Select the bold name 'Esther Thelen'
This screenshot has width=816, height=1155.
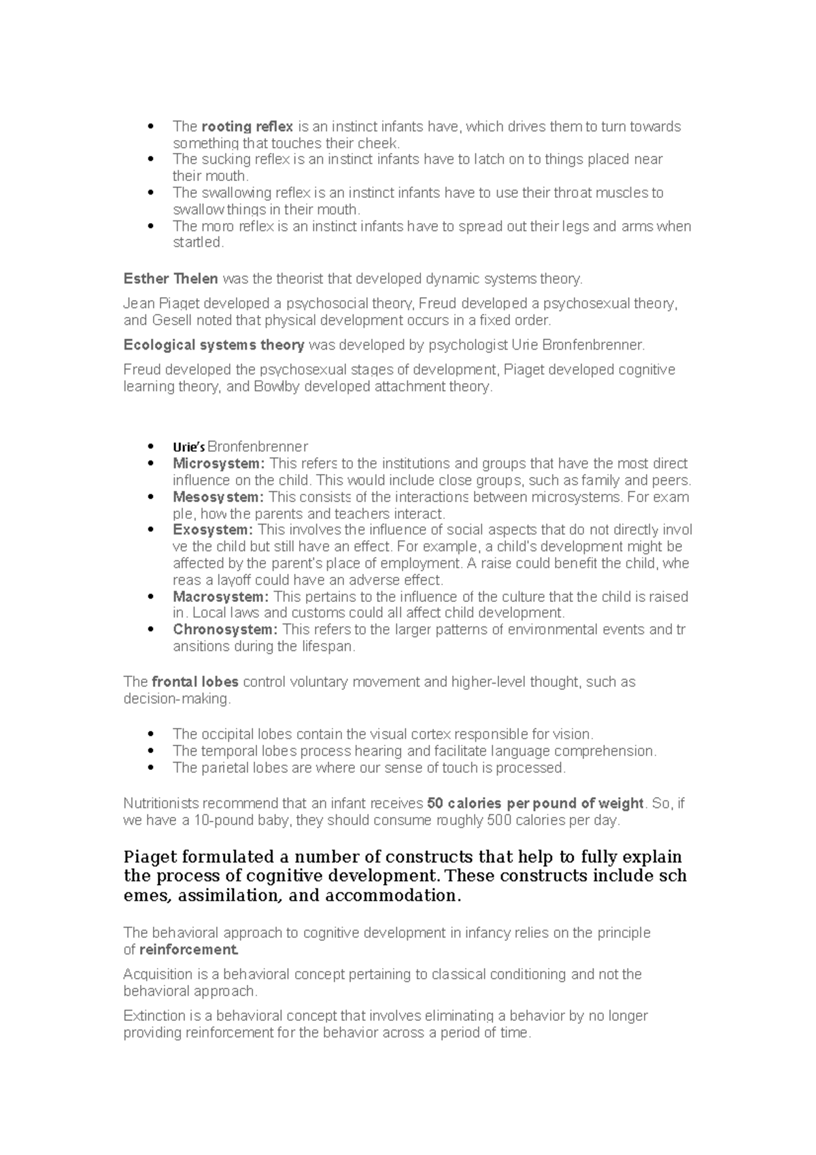pos(171,279)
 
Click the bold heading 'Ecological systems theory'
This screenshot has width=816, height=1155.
pos(214,345)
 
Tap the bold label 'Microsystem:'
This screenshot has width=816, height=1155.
pos(219,464)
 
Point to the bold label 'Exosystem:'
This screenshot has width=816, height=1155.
pos(213,530)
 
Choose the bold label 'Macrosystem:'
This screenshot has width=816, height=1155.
pos(221,597)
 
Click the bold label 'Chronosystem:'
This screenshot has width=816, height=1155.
pos(225,630)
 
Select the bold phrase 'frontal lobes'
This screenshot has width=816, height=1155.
pos(195,682)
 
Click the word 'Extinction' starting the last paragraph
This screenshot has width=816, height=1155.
pos(154,1016)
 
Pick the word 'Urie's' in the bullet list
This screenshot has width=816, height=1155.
pos(188,448)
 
